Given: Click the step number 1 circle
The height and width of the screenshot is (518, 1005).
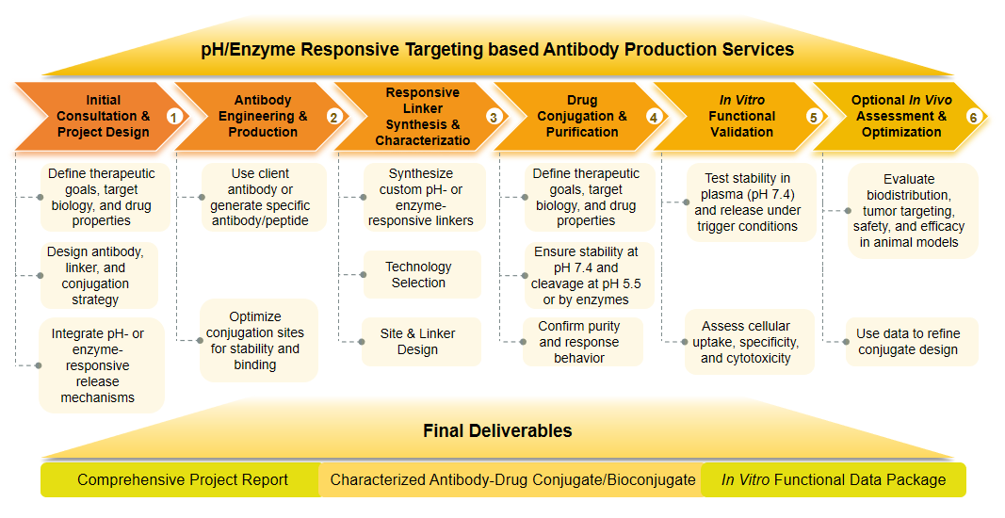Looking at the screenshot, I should (x=173, y=117).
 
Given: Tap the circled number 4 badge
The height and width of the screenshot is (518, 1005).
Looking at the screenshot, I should (x=654, y=117).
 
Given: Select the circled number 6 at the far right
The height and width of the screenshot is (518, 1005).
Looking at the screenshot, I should (x=973, y=117).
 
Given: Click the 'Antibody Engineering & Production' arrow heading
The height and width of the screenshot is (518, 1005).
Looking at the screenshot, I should (x=263, y=117).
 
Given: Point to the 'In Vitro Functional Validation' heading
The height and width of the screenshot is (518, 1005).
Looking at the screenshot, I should (x=741, y=117).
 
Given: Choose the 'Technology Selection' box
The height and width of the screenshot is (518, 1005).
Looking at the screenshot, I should (x=418, y=275).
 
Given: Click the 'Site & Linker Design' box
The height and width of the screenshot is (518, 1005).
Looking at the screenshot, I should (x=417, y=342).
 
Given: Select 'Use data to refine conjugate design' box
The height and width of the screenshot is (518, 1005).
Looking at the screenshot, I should (x=907, y=342).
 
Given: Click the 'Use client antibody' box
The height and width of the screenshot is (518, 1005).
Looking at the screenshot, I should (x=260, y=198).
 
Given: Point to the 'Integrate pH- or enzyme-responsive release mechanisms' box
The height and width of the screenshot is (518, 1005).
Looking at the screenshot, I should (x=97, y=365).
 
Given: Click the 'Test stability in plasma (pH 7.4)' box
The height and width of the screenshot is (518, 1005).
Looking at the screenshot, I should (x=746, y=202).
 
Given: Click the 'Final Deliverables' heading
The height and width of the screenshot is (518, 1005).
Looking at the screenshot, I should (x=496, y=431).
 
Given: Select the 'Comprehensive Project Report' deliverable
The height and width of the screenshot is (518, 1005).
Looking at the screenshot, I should (x=183, y=479).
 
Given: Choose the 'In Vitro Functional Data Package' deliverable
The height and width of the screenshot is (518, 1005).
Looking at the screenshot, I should (x=833, y=479).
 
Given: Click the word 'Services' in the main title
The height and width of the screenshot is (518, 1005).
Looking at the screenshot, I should (x=749, y=50).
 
